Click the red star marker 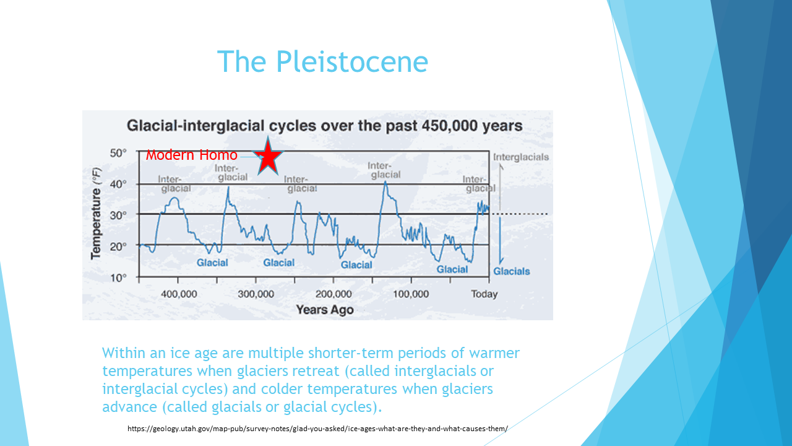(268, 157)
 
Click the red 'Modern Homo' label (192, 155)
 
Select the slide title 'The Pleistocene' (322, 61)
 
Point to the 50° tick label (118, 153)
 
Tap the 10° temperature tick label (118, 278)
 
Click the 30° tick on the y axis (118, 215)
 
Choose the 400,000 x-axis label (179, 294)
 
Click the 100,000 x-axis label (411, 294)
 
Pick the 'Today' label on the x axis (484, 294)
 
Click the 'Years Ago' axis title (325, 310)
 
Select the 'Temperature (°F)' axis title (96, 214)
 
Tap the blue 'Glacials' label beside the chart (512, 271)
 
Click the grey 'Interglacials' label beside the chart (521, 157)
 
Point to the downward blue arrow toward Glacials (501, 241)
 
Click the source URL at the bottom (317, 429)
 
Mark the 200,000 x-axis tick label (334, 294)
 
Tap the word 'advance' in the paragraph (130, 407)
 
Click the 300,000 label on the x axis (256, 294)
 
